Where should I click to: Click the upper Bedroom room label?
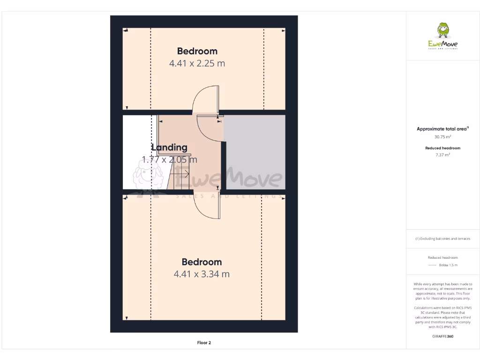[197, 51]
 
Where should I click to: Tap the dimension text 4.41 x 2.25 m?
[197, 63]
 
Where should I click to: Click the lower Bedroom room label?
[202, 262]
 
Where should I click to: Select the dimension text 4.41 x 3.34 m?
[202, 274]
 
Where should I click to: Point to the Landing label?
[169, 147]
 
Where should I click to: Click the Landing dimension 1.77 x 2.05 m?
[169, 159]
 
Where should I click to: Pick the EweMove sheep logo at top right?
[443, 31]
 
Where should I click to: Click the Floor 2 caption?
[204, 343]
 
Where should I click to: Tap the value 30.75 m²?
[443, 137]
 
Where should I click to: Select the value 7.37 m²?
[443, 154]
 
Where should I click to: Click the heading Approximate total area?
[442, 129]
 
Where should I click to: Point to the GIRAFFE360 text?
[443, 336]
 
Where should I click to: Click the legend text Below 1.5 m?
[448, 265]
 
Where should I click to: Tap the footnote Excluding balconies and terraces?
[443, 239]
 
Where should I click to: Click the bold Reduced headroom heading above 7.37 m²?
[443, 148]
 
